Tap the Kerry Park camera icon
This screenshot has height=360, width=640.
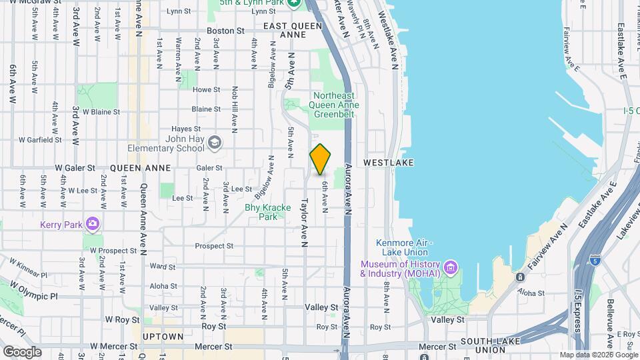(x=93, y=224)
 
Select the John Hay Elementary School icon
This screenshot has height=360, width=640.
(x=215, y=143)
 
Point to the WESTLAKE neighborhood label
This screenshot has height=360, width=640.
(x=389, y=163)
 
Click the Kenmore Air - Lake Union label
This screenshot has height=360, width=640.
(x=404, y=247)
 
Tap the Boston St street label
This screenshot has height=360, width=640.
(x=221, y=31)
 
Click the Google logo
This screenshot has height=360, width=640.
(x=21, y=351)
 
